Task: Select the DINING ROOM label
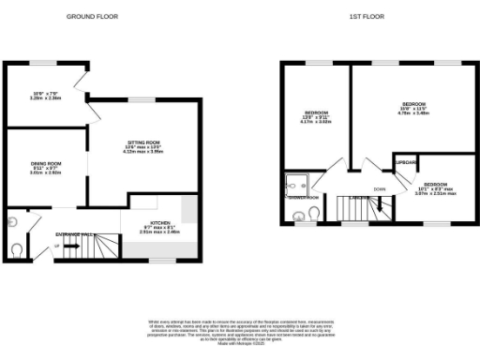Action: point(45,162)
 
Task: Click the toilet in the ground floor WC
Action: point(19,248)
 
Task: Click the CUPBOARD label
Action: point(405,161)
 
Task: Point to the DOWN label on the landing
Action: point(379,189)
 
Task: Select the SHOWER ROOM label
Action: point(304,198)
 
